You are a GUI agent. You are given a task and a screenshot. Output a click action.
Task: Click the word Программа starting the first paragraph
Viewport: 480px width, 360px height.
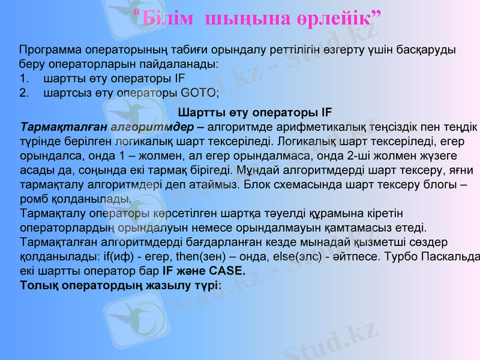click(50, 49)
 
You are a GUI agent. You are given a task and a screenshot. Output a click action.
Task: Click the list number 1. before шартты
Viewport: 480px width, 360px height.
click(24, 79)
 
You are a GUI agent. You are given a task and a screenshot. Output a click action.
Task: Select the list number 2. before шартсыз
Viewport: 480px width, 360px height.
click(24, 94)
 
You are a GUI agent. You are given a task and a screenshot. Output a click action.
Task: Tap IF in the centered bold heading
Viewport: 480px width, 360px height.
click(326, 112)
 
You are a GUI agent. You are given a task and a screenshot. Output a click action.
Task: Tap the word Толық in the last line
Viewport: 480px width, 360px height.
click(39, 284)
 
